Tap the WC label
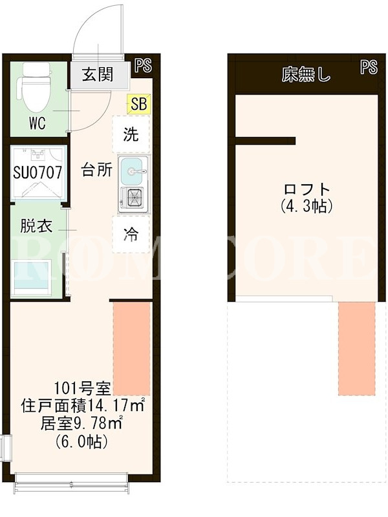[38, 123]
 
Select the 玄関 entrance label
[98, 74]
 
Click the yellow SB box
[139, 103]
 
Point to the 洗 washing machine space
[131, 134]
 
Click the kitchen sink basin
[132, 171]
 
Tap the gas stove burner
[135, 198]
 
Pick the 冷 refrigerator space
[131, 235]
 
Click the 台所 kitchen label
[96, 170]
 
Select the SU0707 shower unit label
[38, 172]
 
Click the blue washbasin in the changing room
[32, 277]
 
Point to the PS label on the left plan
[143, 65]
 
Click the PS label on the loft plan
[369, 67]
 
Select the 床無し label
[306, 75]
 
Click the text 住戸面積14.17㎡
[83, 406]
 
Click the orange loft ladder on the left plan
[132, 348]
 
